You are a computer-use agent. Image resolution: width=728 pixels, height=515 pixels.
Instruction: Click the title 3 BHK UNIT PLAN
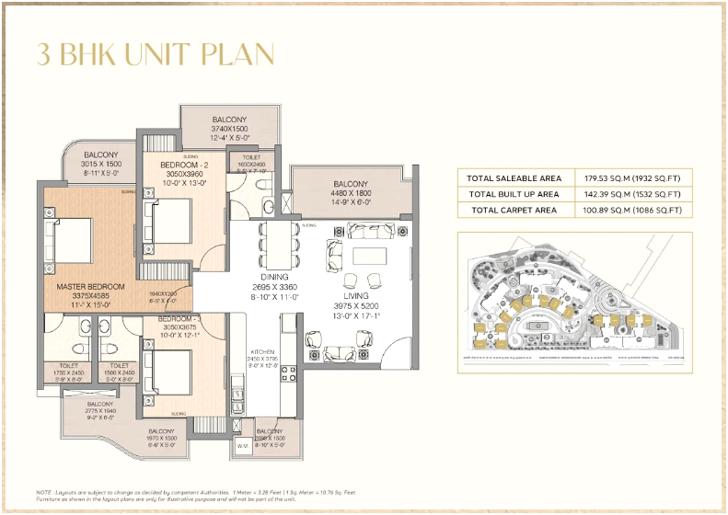coord(156,53)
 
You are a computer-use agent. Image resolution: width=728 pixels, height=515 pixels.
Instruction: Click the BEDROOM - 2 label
coord(173,164)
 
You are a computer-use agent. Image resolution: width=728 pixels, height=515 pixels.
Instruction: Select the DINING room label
coord(273,277)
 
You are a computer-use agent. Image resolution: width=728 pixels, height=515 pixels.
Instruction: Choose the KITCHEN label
coord(264,352)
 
